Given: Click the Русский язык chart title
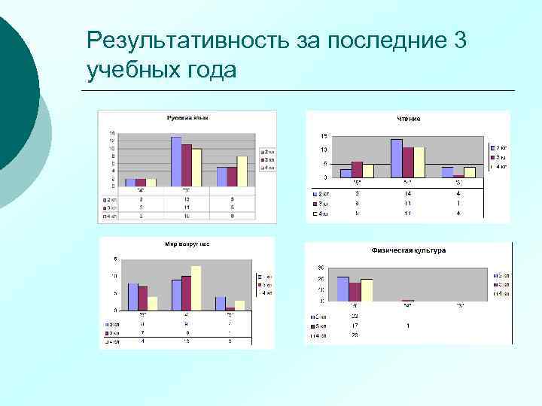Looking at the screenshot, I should [187, 117].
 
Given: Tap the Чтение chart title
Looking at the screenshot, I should [409, 119].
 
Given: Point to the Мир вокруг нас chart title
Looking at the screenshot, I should [187, 244].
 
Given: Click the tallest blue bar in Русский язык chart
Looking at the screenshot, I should [176, 161].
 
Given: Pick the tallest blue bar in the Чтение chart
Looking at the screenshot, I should [396, 158].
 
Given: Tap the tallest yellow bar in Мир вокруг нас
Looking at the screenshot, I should [196, 288].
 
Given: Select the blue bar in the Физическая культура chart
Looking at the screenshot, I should [343, 289].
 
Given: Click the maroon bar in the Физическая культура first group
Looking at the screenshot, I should [355, 292].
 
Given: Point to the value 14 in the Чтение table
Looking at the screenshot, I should [407, 193].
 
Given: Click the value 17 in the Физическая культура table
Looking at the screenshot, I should [354, 326].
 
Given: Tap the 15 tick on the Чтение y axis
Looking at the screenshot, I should [324, 137].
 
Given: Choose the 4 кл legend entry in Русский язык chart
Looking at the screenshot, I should [267, 168].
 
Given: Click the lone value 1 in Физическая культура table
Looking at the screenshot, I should [407, 326].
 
